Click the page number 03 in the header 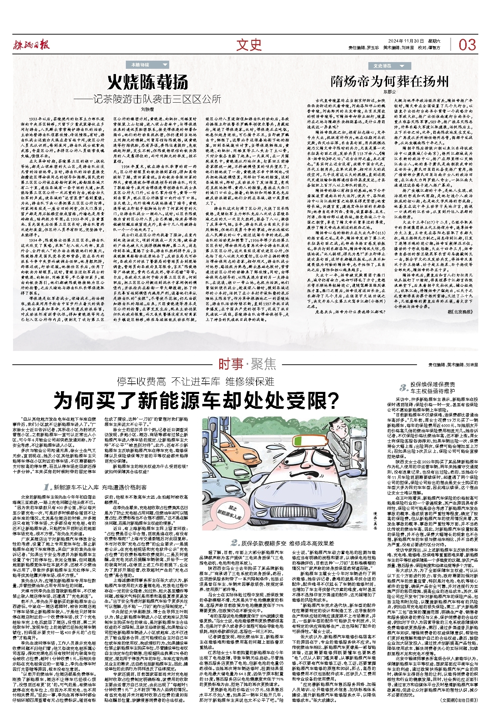[467, 45]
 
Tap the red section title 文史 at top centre [249, 45]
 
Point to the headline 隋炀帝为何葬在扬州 [389, 82]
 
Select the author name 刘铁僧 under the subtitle [147, 109]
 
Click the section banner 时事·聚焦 [247, 364]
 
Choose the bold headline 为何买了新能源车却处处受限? [196, 400]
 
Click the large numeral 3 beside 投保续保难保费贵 [403, 388]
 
